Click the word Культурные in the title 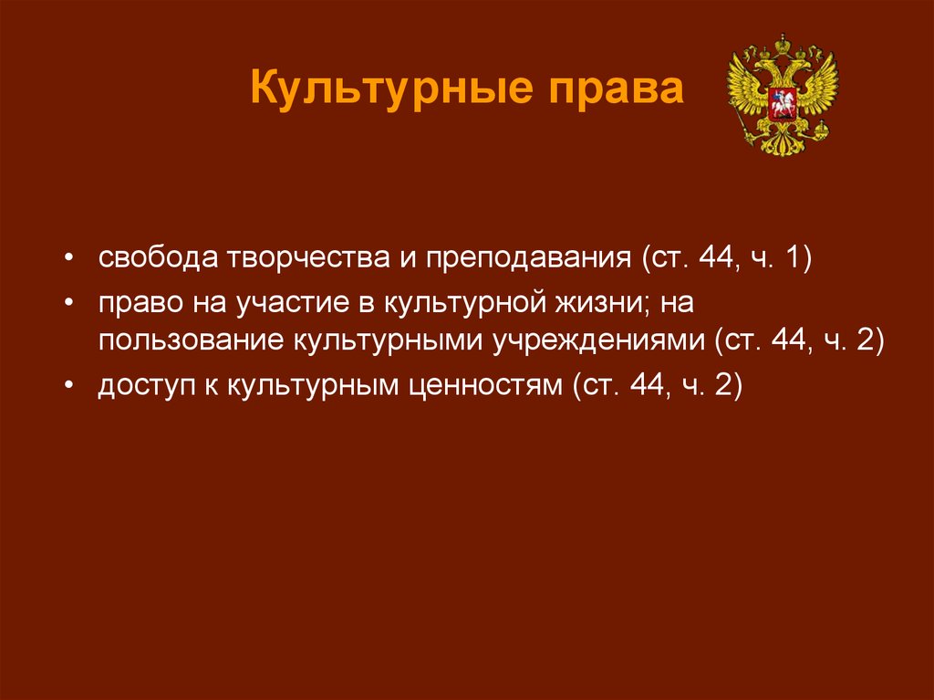(391, 89)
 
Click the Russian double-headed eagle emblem (783, 96)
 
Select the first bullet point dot (69, 259)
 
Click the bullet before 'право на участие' (69, 304)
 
